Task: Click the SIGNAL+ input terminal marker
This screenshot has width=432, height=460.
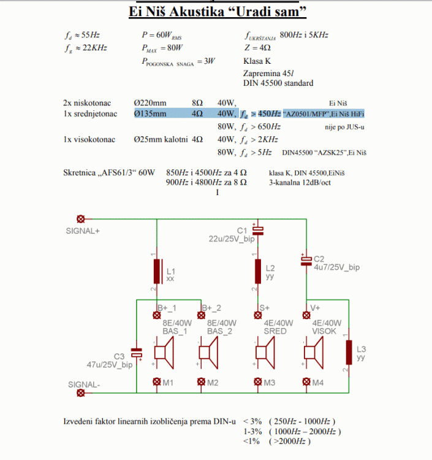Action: tap(79, 219)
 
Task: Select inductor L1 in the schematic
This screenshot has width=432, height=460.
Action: tap(157, 272)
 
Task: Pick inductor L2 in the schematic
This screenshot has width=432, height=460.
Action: tap(258, 270)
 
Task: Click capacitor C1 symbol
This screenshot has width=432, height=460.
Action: tap(258, 231)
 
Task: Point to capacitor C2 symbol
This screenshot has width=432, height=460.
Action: tap(306, 261)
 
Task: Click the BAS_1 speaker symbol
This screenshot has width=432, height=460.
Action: tap(164, 353)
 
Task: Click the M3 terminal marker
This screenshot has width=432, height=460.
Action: tap(258, 382)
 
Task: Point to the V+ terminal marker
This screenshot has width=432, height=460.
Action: tap(306, 315)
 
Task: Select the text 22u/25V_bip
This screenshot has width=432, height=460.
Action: tap(231, 239)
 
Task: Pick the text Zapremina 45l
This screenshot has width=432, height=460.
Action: tap(270, 72)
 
